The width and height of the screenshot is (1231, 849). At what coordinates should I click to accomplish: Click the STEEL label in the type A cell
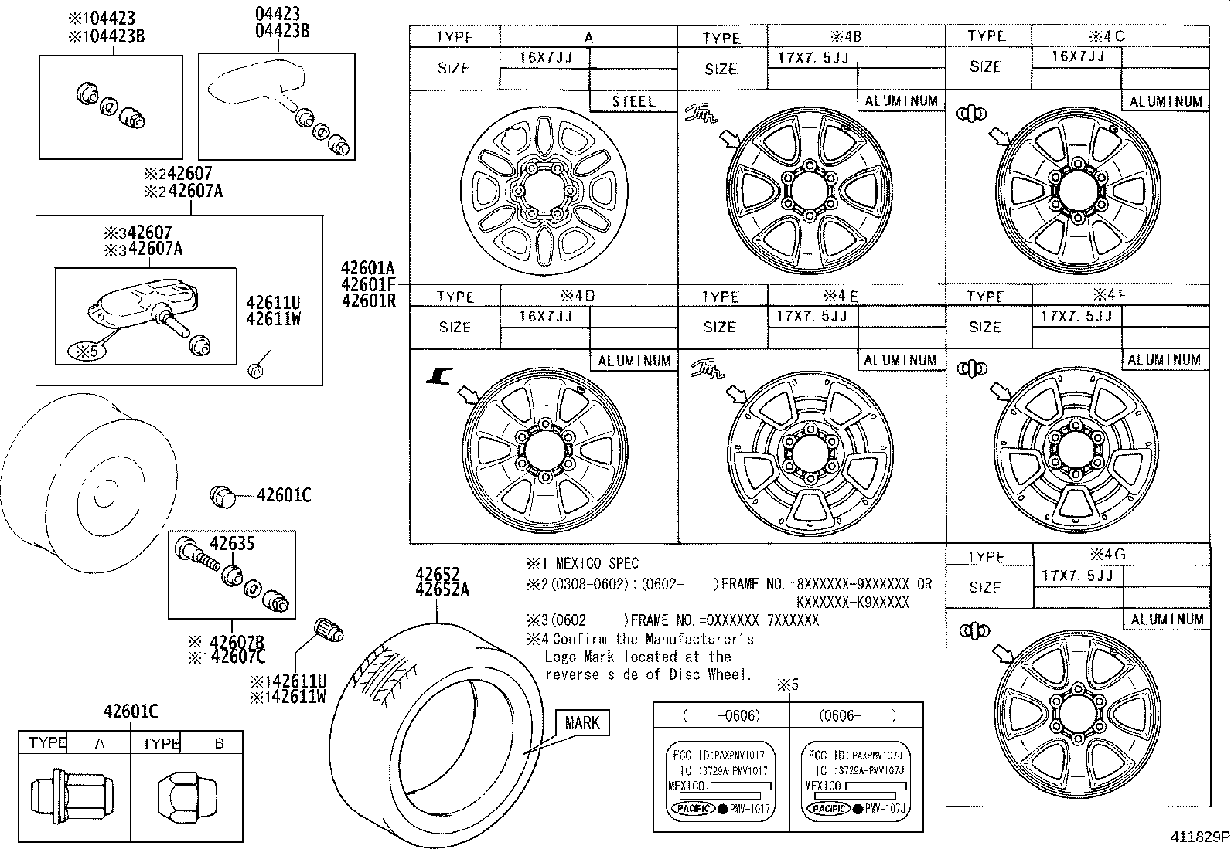633,101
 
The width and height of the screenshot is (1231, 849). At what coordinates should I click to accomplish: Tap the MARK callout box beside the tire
581,722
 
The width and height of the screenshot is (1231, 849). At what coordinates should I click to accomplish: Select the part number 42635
232,544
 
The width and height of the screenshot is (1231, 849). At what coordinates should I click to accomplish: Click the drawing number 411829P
1198,837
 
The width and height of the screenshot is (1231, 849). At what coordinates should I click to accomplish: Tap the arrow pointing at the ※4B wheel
729,139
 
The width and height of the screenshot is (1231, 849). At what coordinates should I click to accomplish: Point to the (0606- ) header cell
856,715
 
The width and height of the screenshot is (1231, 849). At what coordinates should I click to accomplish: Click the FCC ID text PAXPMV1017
740,755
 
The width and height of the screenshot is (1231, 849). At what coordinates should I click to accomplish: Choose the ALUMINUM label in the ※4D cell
634,361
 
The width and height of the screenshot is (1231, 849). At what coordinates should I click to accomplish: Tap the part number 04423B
282,31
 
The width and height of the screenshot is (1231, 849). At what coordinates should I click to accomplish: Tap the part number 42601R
368,301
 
